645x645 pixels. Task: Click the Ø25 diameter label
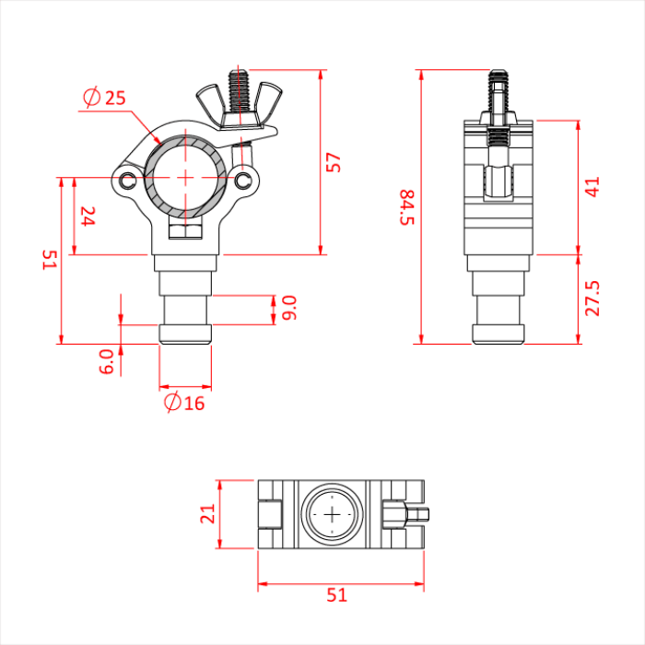coord(103,98)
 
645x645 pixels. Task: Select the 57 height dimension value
coord(334,162)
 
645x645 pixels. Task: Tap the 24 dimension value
coord(88,217)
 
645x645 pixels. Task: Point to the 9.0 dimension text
coord(289,308)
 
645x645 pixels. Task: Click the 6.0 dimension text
coord(107,360)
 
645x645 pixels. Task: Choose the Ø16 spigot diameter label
coord(184,403)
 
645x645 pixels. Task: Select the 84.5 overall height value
coord(406,207)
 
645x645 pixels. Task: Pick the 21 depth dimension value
coord(207,513)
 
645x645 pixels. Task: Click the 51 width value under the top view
coord(338,595)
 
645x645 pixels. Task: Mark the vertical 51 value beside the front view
coord(49,261)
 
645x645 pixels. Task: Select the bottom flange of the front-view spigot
coord(185,334)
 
